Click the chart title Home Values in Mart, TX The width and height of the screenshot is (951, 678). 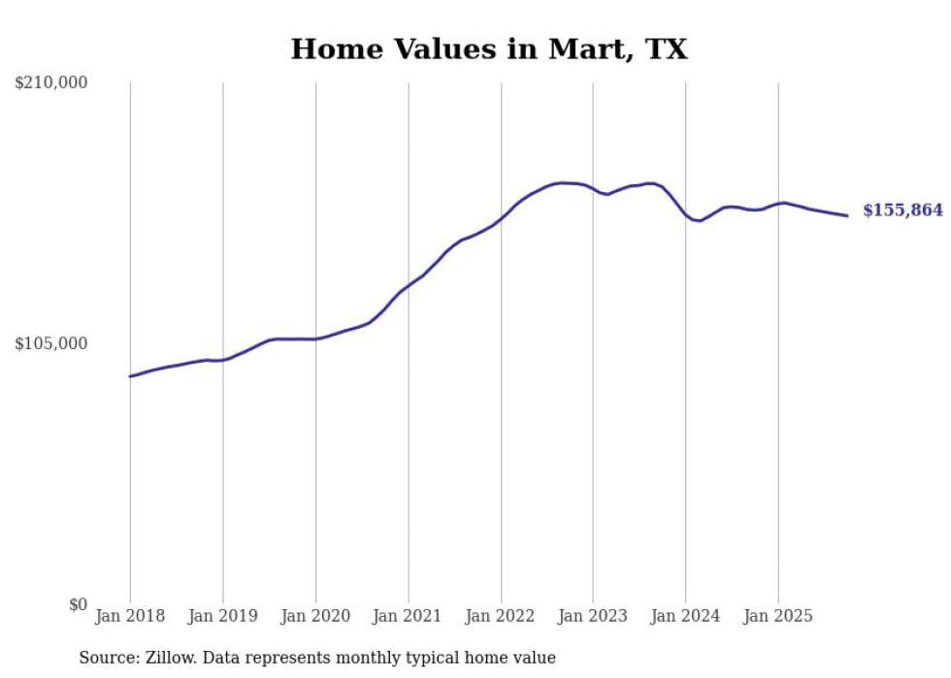[489, 48]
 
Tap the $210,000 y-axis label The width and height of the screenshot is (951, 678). [50, 83]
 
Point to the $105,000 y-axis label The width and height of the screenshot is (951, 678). [50, 343]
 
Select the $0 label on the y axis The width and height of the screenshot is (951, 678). [78, 604]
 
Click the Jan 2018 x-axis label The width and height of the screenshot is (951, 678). [130, 616]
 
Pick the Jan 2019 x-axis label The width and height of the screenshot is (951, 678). [222, 616]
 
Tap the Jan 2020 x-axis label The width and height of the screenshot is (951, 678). [315, 616]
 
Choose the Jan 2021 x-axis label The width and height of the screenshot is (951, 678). [408, 616]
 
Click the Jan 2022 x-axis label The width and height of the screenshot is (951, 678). [501, 616]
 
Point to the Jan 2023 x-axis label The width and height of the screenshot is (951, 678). [593, 616]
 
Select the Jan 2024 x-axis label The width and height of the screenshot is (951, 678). [685, 616]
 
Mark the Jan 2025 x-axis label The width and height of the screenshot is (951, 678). [778, 616]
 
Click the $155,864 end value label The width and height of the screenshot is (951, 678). [902, 210]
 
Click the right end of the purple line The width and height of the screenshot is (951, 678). [847, 215]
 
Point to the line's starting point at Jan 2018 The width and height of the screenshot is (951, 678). [130, 376]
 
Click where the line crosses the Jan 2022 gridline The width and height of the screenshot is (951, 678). [501, 219]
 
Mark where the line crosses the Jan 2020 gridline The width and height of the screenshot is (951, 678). [315, 339]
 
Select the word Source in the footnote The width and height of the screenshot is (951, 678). [107, 658]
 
